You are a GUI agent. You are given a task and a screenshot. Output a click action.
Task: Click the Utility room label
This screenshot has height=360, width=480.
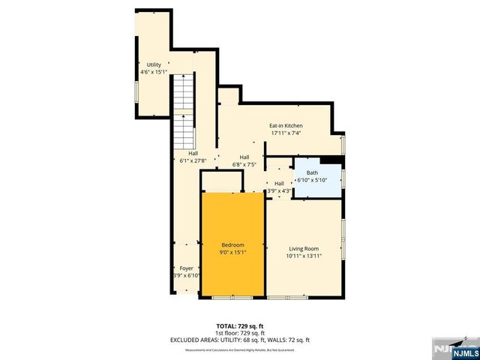tap(153, 65)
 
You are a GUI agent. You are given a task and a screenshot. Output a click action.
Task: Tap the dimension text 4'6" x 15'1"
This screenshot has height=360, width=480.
tap(153, 73)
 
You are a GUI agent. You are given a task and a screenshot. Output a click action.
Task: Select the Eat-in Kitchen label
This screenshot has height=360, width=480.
tap(286, 126)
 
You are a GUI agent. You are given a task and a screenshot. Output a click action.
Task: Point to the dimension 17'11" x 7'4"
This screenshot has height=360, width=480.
tap(286, 133)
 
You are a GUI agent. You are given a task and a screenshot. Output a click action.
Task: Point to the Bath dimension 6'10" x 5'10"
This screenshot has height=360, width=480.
tap(312, 180)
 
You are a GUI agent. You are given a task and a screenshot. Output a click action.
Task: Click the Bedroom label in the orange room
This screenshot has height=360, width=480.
tap(232, 245)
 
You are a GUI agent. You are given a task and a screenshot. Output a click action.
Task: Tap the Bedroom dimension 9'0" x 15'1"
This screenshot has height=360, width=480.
tap(232, 253)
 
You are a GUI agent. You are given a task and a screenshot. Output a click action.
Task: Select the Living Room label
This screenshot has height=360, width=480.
tap(304, 248)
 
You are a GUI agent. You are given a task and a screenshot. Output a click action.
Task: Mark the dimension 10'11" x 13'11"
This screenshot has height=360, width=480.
tap(304, 256)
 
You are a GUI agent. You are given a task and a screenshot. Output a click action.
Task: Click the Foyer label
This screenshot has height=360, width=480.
tap(185, 268)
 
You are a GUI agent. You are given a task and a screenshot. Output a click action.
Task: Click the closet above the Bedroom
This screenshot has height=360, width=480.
tap(221, 181)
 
